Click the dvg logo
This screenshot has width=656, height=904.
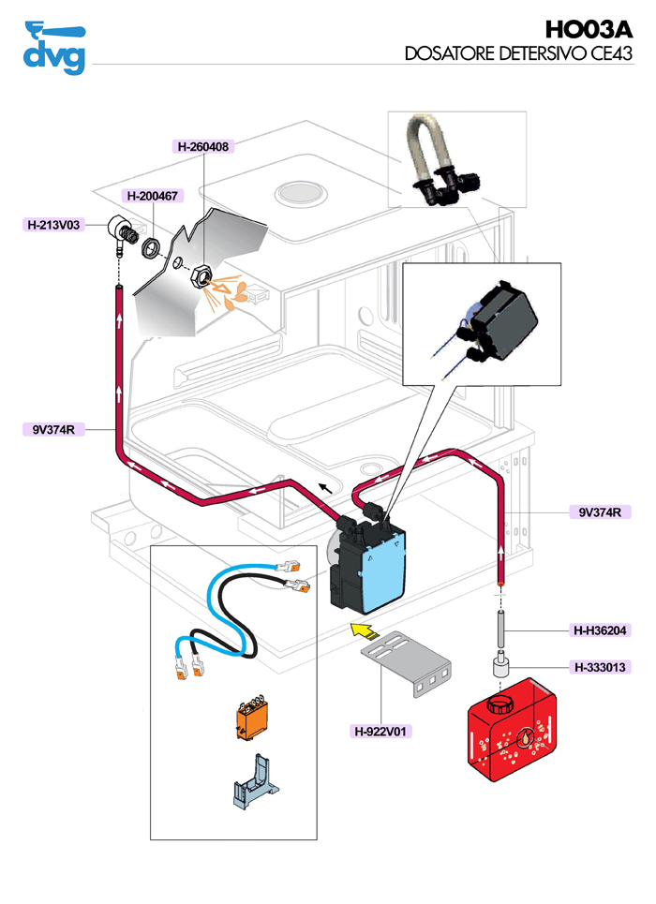[54, 47]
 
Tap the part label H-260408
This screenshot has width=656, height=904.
[203, 146]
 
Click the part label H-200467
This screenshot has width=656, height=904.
[154, 196]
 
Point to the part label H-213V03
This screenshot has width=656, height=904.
[54, 225]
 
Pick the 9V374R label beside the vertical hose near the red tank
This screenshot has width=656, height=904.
[600, 512]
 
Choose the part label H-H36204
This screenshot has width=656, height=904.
[601, 630]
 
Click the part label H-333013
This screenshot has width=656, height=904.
[601, 667]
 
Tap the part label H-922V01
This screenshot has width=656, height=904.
[383, 731]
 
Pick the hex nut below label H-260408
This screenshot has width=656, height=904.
[200, 278]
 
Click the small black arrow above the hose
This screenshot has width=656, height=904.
[325, 486]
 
